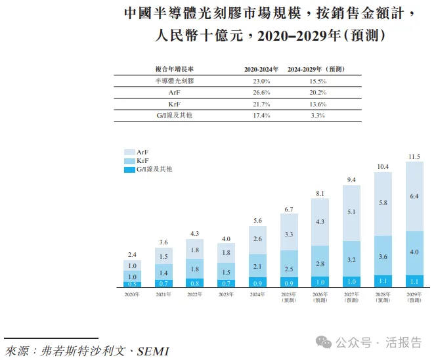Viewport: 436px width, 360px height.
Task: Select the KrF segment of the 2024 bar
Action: tap(257, 266)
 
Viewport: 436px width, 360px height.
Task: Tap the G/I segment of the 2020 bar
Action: tap(132, 284)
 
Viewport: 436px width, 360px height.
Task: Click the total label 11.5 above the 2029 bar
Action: tap(414, 156)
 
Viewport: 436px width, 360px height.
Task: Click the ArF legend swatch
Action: tap(129, 152)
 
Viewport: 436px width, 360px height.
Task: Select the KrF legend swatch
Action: tap(129, 160)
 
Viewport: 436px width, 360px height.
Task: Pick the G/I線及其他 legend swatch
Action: tap(129, 169)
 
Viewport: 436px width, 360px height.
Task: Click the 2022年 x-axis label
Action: tap(194, 295)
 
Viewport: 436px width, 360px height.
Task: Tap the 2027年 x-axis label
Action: tap(351, 295)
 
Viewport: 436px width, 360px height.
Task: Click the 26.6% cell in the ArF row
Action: tap(261, 92)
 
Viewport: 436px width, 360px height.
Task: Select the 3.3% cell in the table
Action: tap(318, 116)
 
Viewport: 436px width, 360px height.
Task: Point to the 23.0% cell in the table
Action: tap(261, 80)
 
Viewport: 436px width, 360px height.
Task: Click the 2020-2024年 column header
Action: tap(261, 69)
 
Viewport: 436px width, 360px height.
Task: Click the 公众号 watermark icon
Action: tap(324, 342)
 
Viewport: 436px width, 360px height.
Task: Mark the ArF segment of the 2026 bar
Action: tap(320, 222)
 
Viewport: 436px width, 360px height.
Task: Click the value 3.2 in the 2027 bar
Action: tap(351, 259)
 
